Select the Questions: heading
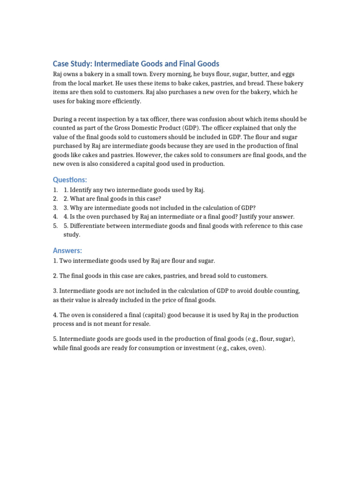(x=70, y=180)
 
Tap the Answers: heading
(x=67, y=250)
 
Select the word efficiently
(x=125, y=101)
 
